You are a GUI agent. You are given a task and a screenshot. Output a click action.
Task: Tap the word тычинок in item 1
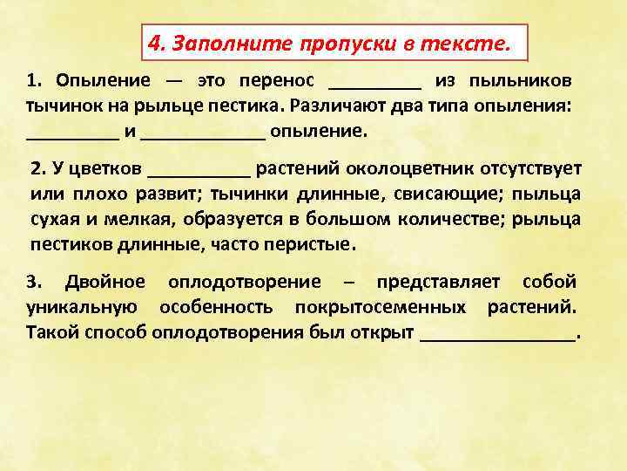coord(57,107)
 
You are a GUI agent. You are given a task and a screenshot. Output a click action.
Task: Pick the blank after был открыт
coord(498,335)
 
